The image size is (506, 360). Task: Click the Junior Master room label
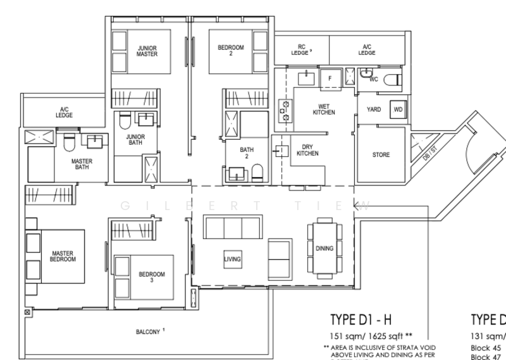pyautogui.click(x=147, y=51)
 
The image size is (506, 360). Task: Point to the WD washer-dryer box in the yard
pyautogui.click(x=398, y=109)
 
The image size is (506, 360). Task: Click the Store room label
pyautogui.click(x=381, y=154)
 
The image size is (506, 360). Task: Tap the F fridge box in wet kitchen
pyautogui.click(x=329, y=78)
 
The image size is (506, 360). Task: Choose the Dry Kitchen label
pyautogui.click(x=307, y=150)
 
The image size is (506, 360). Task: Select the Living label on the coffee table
pyautogui.click(x=233, y=258)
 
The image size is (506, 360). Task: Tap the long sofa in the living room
pyautogui.click(x=231, y=227)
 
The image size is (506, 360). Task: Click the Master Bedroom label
pyautogui.click(x=63, y=256)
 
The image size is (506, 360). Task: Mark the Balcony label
pyautogui.click(x=150, y=331)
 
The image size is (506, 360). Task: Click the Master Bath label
pyautogui.click(x=82, y=164)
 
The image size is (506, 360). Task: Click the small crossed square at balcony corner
pyautogui.click(x=27, y=312)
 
